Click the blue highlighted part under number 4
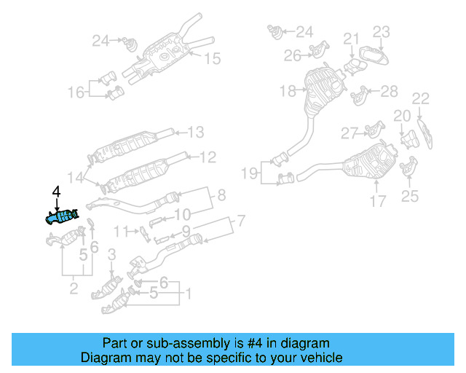click(x=62, y=216)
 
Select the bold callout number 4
click(x=56, y=192)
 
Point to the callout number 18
click(x=288, y=91)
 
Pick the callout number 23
click(x=382, y=31)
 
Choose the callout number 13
click(x=197, y=133)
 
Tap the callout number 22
click(x=421, y=98)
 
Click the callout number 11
click(x=121, y=231)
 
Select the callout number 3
click(x=111, y=254)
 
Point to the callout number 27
click(x=349, y=133)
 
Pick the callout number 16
click(x=76, y=92)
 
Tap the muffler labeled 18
click(x=320, y=91)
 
